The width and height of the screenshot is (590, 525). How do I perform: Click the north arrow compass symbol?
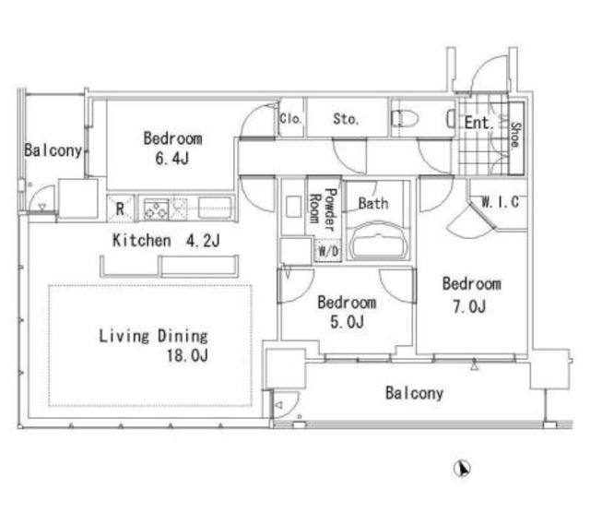pyautogui.click(x=462, y=469)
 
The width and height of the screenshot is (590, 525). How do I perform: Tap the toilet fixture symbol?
pyautogui.click(x=405, y=119)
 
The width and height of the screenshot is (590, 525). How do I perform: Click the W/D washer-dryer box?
pyautogui.click(x=328, y=251)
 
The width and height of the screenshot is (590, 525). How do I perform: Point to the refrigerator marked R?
pyautogui.click(x=121, y=209)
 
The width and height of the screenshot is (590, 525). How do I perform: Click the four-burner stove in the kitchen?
pyautogui.click(x=156, y=209)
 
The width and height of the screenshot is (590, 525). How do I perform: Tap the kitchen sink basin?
pyautogui.click(x=215, y=208)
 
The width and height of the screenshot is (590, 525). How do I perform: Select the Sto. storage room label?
pyautogui.click(x=346, y=119)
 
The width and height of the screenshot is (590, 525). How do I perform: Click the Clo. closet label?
pyautogui.click(x=290, y=119)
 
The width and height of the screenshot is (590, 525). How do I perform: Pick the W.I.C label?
pyautogui.click(x=500, y=202)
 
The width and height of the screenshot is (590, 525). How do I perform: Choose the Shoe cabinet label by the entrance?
pyautogui.click(x=515, y=135)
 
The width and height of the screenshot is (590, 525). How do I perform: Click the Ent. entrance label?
pyautogui.click(x=478, y=123)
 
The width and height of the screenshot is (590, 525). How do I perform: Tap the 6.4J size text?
pyautogui.click(x=172, y=159)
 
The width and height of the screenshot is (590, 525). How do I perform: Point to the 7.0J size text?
pyautogui.click(x=469, y=307)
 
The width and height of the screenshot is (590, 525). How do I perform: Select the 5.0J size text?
pyautogui.click(x=347, y=322)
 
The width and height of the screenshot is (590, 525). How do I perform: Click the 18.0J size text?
pyautogui.click(x=187, y=355)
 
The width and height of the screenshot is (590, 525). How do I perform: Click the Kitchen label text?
pyautogui.click(x=141, y=240)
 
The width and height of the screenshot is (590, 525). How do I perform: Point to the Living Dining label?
pyautogui.click(x=153, y=336)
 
